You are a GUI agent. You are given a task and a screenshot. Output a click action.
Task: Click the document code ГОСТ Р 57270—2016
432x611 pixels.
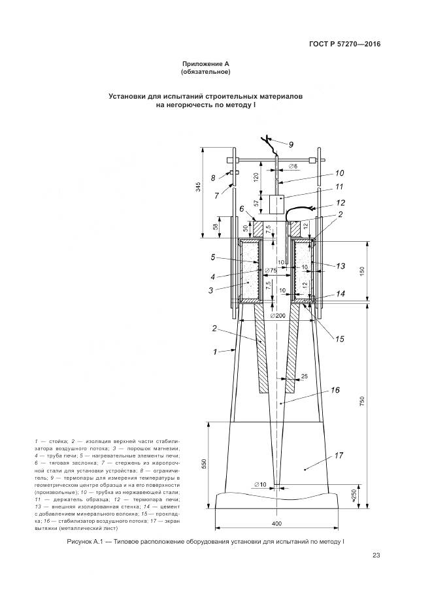[344, 44]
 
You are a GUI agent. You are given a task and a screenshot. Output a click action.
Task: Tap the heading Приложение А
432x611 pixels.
[206, 64]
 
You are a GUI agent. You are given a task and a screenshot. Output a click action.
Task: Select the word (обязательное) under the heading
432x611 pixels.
[206, 72]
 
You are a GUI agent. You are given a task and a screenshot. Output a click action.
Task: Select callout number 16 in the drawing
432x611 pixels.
[335, 391]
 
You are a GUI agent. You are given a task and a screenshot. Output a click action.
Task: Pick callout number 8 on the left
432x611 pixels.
[212, 178]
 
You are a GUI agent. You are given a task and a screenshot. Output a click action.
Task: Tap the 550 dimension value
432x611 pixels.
[205, 463]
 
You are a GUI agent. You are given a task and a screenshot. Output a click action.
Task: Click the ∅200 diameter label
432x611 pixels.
[278, 316]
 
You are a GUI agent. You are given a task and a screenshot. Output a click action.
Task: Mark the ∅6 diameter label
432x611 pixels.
[291, 167]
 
